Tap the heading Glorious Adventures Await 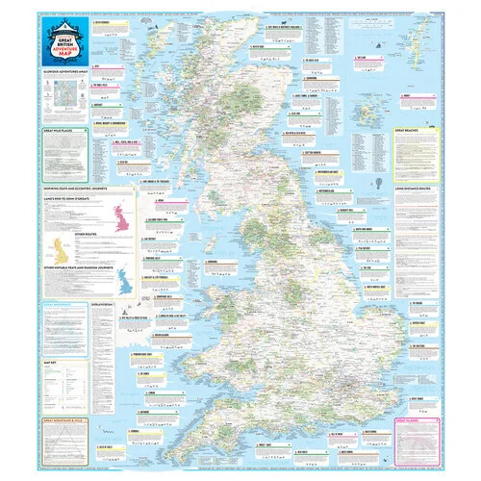coord(70,69)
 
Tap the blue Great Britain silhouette coord(123,280)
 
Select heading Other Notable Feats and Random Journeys coord(82,266)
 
